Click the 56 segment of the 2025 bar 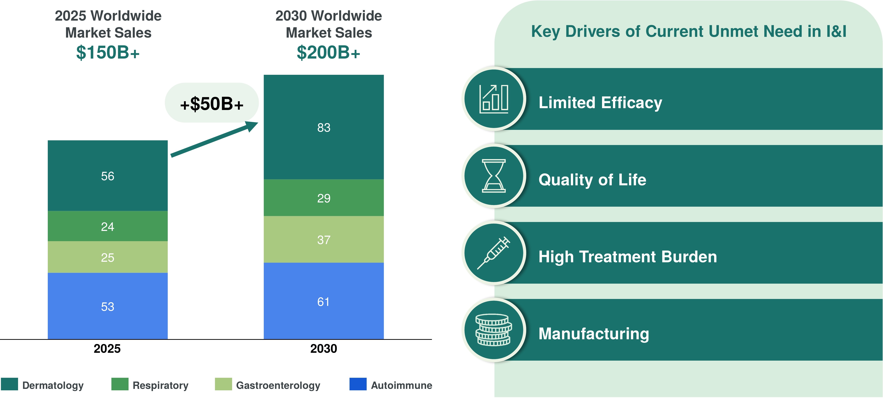click(x=108, y=175)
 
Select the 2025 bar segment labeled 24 click(x=108, y=226)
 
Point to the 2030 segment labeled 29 click(x=324, y=198)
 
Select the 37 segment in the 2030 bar click(x=324, y=239)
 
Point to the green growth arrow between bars click(x=214, y=139)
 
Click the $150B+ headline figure click(x=108, y=53)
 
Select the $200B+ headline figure click(x=328, y=53)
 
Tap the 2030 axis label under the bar click(x=324, y=349)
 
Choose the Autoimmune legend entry click(x=391, y=385)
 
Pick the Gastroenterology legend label click(x=278, y=385)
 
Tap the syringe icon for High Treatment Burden click(x=494, y=253)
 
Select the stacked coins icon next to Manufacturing click(x=494, y=330)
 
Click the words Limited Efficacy click(x=600, y=103)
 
